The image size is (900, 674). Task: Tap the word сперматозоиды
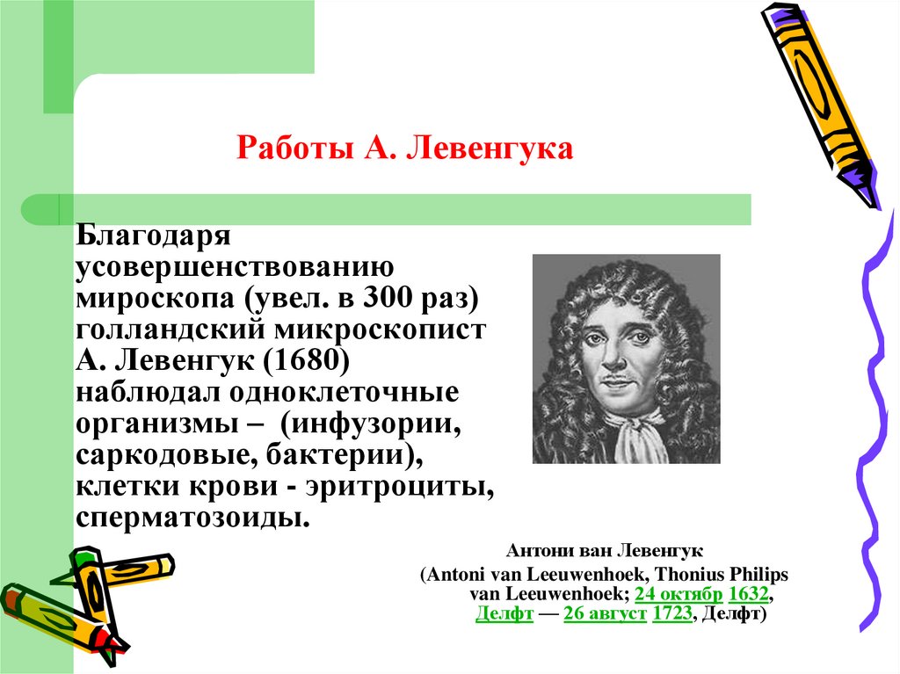coord(193,516)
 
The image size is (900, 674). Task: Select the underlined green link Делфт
coord(504,614)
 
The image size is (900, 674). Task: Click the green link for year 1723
coord(671,614)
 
